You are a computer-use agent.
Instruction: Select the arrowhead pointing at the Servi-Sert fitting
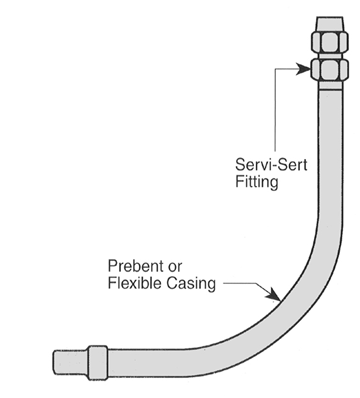pyautogui.click(x=306, y=69)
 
